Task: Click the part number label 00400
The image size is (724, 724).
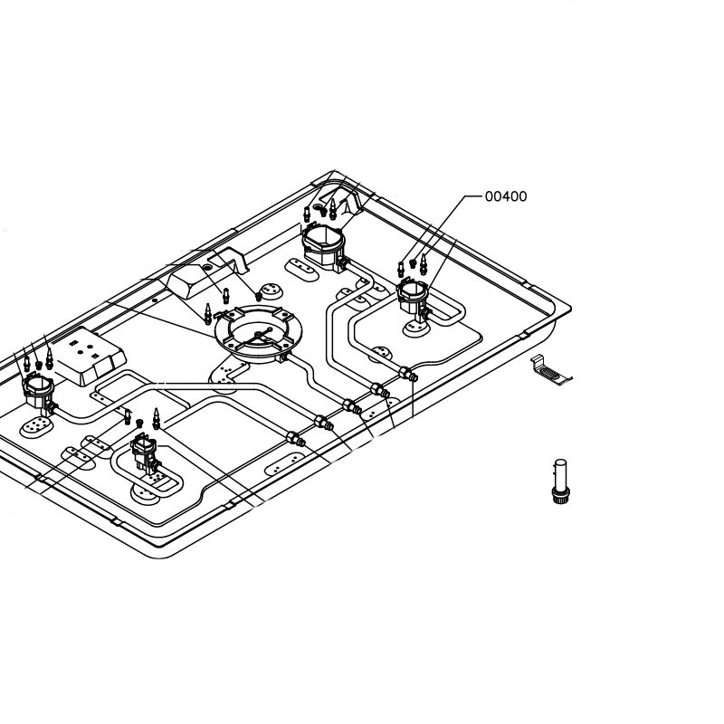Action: click(506, 196)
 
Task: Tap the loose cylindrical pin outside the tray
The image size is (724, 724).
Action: click(560, 481)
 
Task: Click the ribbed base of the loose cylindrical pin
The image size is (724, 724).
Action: click(560, 495)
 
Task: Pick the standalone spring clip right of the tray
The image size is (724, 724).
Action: click(550, 370)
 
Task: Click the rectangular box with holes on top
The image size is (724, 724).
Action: click(88, 356)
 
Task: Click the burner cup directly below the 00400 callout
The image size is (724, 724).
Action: click(413, 296)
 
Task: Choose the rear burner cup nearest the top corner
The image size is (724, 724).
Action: click(324, 244)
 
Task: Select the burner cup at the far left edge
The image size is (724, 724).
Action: click(38, 392)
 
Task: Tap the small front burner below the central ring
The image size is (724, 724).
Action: click(144, 455)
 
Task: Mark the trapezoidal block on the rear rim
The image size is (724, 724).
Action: click(189, 281)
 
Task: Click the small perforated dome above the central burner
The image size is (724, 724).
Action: click(271, 291)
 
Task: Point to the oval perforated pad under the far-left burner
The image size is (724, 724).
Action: click(36, 426)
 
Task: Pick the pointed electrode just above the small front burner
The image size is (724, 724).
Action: click(156, 418)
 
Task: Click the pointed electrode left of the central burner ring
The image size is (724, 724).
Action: click(208, 314)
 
